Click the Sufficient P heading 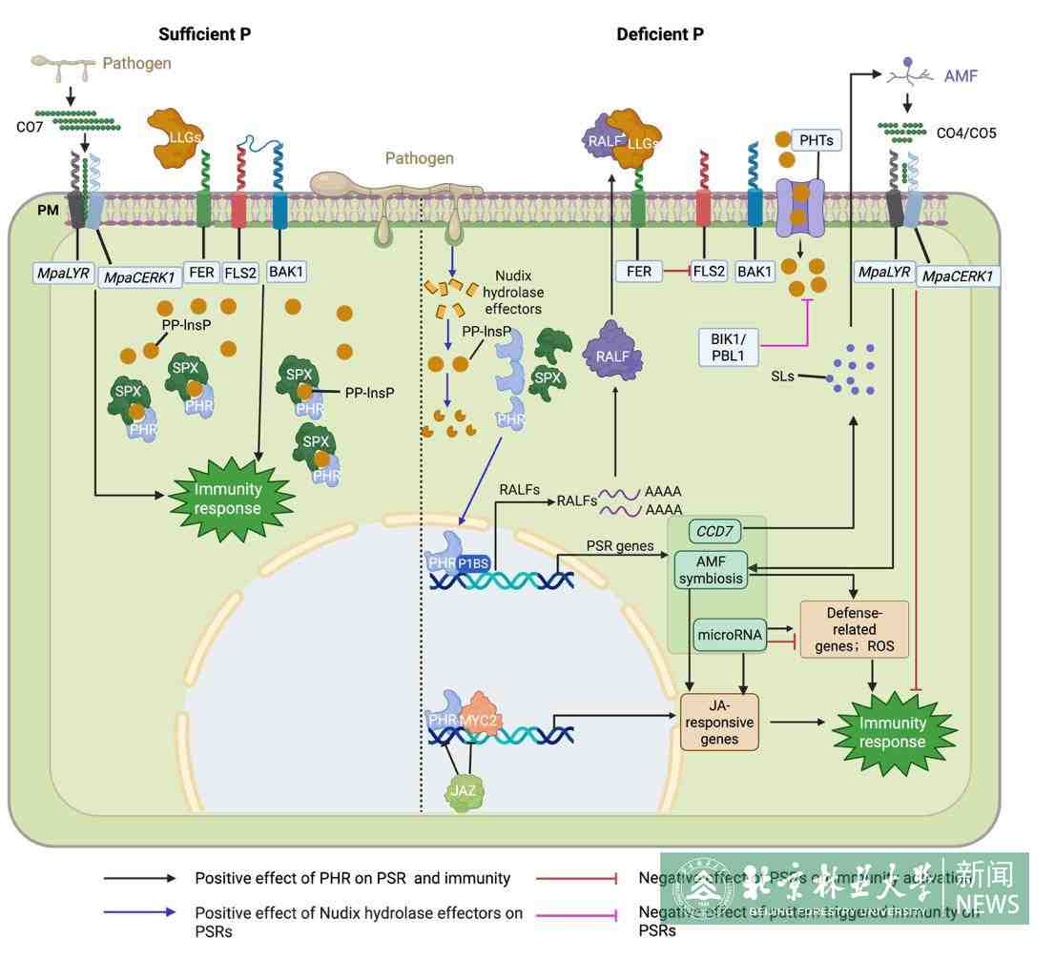[205, 34]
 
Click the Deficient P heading [660, 34]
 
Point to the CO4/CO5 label [965, 132]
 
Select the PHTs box [817, 141]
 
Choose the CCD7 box [720, 530]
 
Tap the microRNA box [731, 635]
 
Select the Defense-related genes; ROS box [854, 630]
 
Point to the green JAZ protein [463, 793]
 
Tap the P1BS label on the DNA [472, 563]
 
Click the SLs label [784, 377]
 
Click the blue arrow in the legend [139, 913]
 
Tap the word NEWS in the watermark [987, 903]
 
